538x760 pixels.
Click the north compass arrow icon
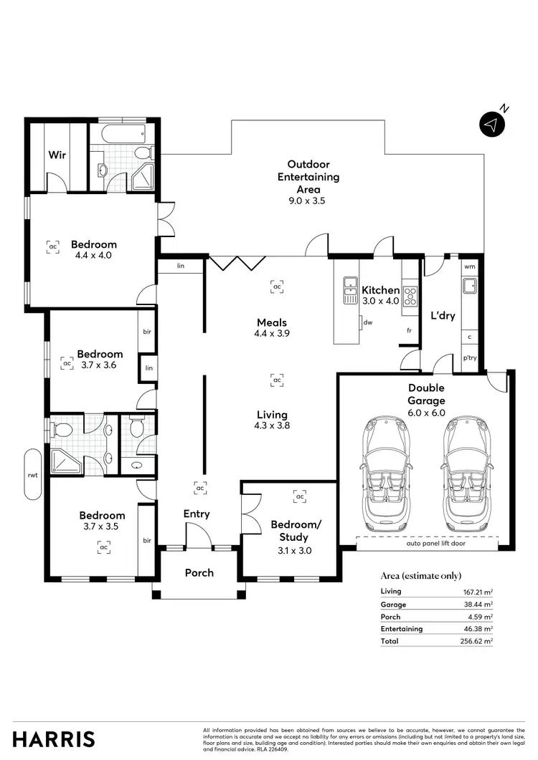pos(492,124)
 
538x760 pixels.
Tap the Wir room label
pos(57,155)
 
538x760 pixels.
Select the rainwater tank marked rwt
pos(33,474)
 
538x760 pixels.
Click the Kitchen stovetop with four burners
pos(410,295)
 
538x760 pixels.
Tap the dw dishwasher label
pos(368,322)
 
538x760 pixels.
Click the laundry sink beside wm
pos(470,286)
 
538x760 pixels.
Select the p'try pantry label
pos(470,358)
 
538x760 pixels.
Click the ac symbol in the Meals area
pos(277,287)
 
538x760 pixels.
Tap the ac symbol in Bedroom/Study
pos(300,496)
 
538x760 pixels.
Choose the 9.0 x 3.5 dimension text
pos(307,201)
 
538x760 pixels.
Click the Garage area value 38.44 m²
pos(478,605)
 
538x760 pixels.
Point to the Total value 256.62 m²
pos(476,641)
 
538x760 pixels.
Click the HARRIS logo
pos(53,739)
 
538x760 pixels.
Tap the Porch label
pos(199,573)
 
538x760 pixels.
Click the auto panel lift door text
pos(435,544)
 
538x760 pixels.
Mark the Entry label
pos(196,514)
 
